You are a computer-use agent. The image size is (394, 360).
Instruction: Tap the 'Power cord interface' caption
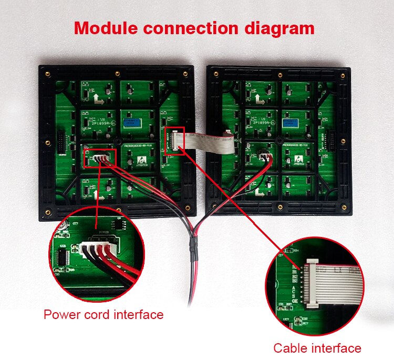pyautogui.click(x=103, y=315)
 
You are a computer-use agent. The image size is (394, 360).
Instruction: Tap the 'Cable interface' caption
pyautogui.click(x=317, y=348)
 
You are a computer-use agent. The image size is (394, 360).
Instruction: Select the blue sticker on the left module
pyautogui.click(x=132, y=122)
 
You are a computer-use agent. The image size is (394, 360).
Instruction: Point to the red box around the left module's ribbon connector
pyautogui.click(x=174, y=141)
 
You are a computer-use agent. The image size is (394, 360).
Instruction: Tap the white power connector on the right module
pyautogui.click(x=266, y=155)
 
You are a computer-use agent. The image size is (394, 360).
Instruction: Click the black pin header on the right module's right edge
pyautogui.click(x=331, y=140)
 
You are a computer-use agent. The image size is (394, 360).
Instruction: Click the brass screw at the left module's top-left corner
pyautogui.click(x=46, y=72)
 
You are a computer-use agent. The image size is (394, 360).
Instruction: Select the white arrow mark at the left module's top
pyautogui.click(x=98, y=97)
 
